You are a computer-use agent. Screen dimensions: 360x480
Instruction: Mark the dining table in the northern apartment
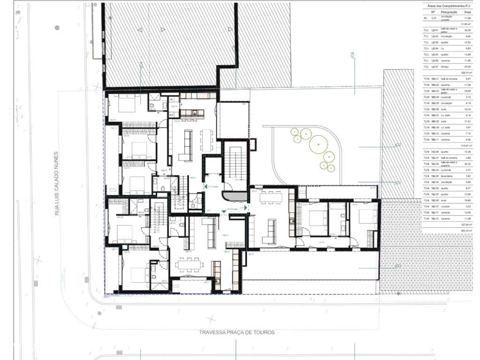click(x=206, y=139)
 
